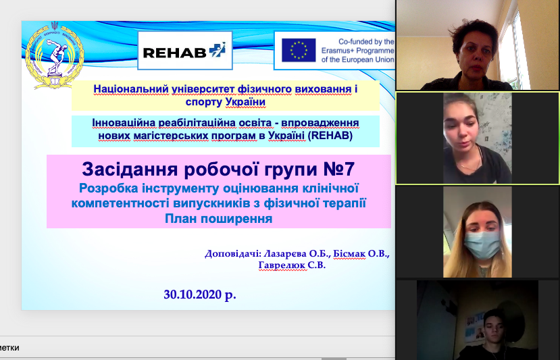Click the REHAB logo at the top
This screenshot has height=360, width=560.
point(184,51)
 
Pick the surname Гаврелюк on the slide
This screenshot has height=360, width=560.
point(282,265)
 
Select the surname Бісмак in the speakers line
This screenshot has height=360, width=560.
point(349,254)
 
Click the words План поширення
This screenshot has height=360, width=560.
point(219,219)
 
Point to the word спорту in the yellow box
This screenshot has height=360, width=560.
point(204,102)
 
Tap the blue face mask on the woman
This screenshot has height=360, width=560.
point(482,245)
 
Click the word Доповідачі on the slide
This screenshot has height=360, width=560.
point(233,254)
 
